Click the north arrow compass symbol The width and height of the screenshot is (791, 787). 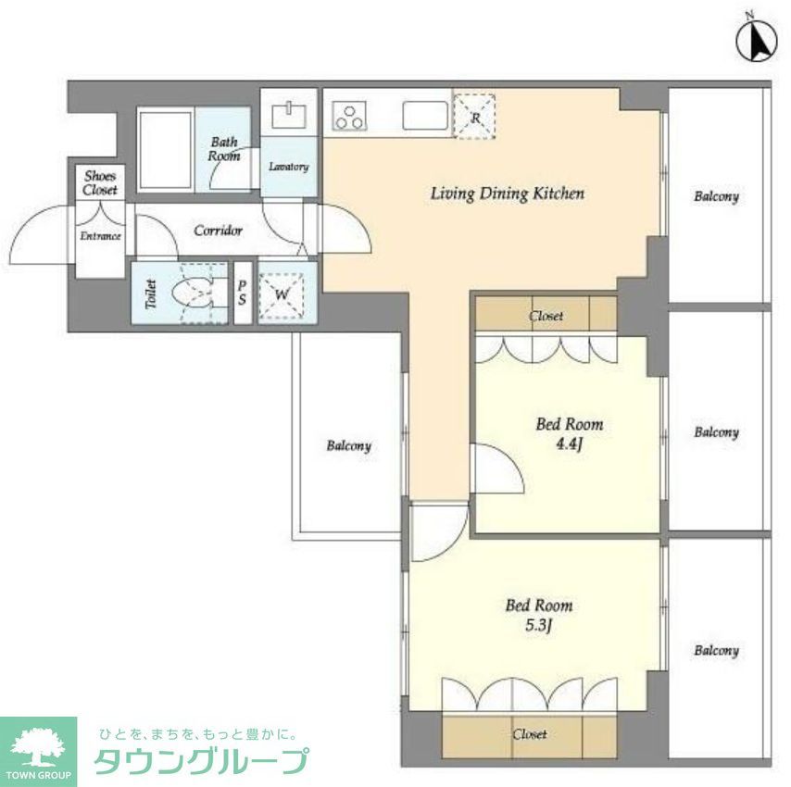[757, 39]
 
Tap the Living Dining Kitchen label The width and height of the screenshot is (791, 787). [507, 194]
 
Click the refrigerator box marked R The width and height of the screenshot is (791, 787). [474, 117]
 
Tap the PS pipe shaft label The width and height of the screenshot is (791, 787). [242, 294]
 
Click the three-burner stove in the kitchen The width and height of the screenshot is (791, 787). [351, 117]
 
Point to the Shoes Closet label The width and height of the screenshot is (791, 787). [100, 182]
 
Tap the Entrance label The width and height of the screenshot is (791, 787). [99, 236]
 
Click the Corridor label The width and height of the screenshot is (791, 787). [218, 231]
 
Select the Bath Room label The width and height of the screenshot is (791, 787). [224, 149]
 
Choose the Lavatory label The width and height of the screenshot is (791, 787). [288, 168]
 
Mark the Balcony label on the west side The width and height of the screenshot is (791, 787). [348, 446]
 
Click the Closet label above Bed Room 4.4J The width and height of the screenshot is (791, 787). [546, 316]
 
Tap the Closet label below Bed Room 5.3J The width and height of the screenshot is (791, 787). [530, 734]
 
